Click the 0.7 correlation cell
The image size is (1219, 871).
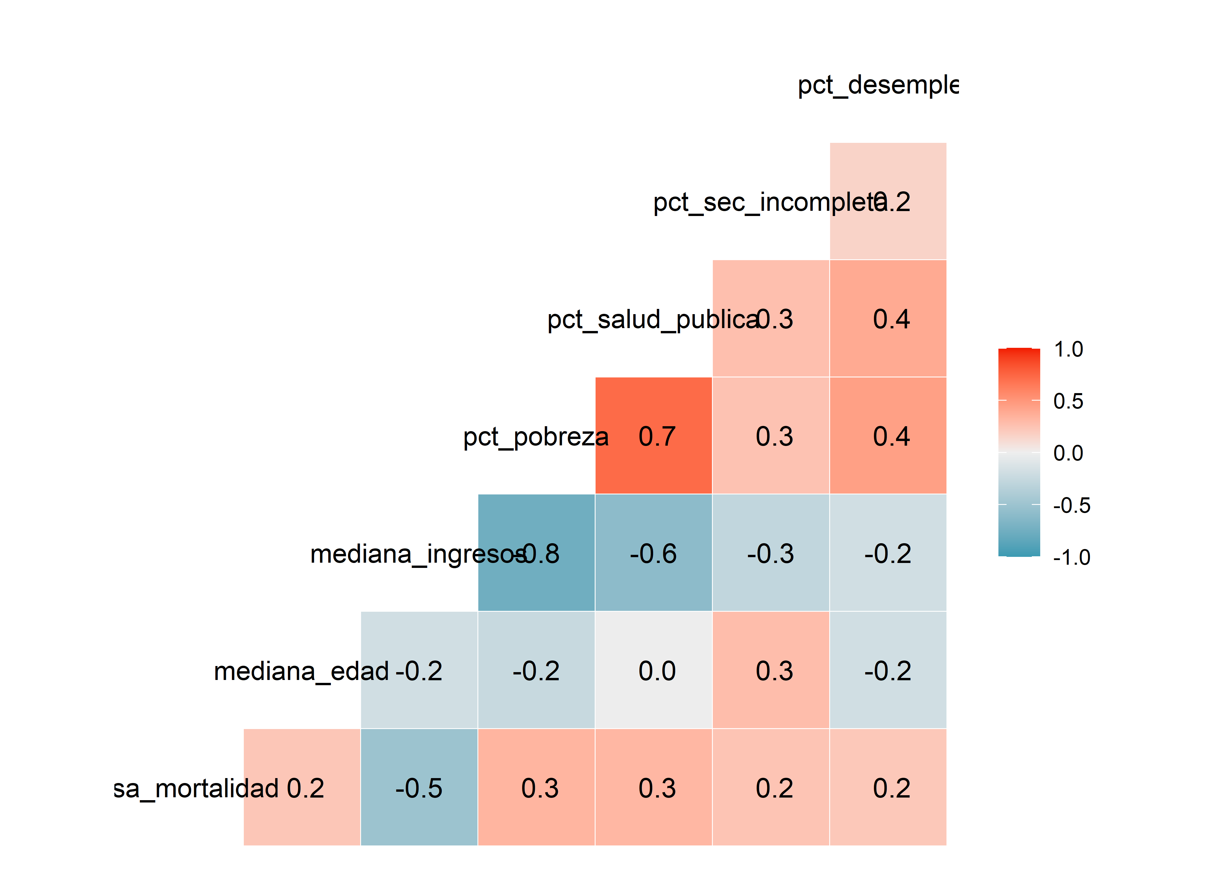[x=653, y=435]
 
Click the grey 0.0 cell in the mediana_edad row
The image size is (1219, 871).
[x=653, y=670]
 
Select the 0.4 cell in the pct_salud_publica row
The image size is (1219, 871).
[x=888, y=318]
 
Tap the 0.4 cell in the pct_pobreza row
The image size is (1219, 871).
[x=888, y=435]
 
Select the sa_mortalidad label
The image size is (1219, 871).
[x=196, y=789]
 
